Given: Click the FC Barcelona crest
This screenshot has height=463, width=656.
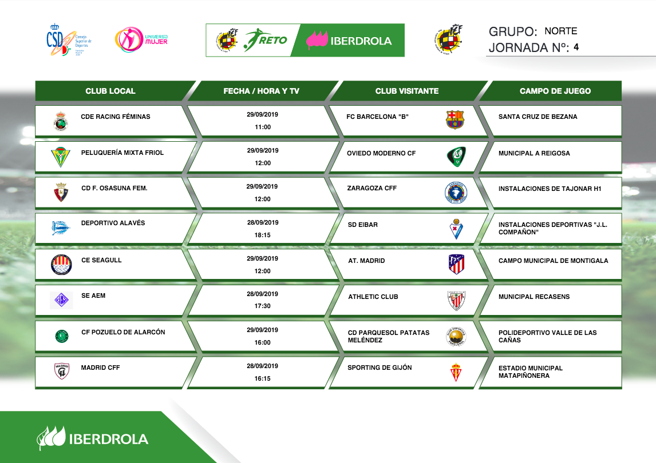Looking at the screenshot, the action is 455,119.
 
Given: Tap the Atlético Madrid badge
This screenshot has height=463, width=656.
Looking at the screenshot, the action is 456,264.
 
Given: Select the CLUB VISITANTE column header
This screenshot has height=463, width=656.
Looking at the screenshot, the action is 406,91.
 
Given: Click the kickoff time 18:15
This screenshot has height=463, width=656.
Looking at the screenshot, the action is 262,235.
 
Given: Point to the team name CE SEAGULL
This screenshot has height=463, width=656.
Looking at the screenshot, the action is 101,260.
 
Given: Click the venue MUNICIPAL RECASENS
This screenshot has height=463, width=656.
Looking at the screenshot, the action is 534,297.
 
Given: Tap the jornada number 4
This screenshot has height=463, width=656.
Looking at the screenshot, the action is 576,47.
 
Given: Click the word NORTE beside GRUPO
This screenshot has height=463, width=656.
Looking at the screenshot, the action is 560,31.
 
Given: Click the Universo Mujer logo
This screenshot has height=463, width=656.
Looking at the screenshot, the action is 141,39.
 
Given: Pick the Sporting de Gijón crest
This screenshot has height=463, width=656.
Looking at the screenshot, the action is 456,372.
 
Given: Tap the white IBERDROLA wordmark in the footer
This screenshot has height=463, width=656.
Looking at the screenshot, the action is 108,439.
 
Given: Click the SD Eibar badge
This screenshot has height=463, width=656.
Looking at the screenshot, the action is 456,229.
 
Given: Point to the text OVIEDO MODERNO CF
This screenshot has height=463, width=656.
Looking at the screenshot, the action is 381,153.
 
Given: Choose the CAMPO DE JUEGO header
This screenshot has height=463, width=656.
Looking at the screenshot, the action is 555,91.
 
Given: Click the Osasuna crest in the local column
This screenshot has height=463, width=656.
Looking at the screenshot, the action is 61,192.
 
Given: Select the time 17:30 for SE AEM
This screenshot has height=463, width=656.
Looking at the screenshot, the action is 262,306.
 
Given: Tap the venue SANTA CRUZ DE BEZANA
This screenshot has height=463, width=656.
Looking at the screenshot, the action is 538,117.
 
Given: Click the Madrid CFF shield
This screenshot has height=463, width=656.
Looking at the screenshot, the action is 62,371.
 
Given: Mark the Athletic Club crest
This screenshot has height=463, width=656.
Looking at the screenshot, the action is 456,301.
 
